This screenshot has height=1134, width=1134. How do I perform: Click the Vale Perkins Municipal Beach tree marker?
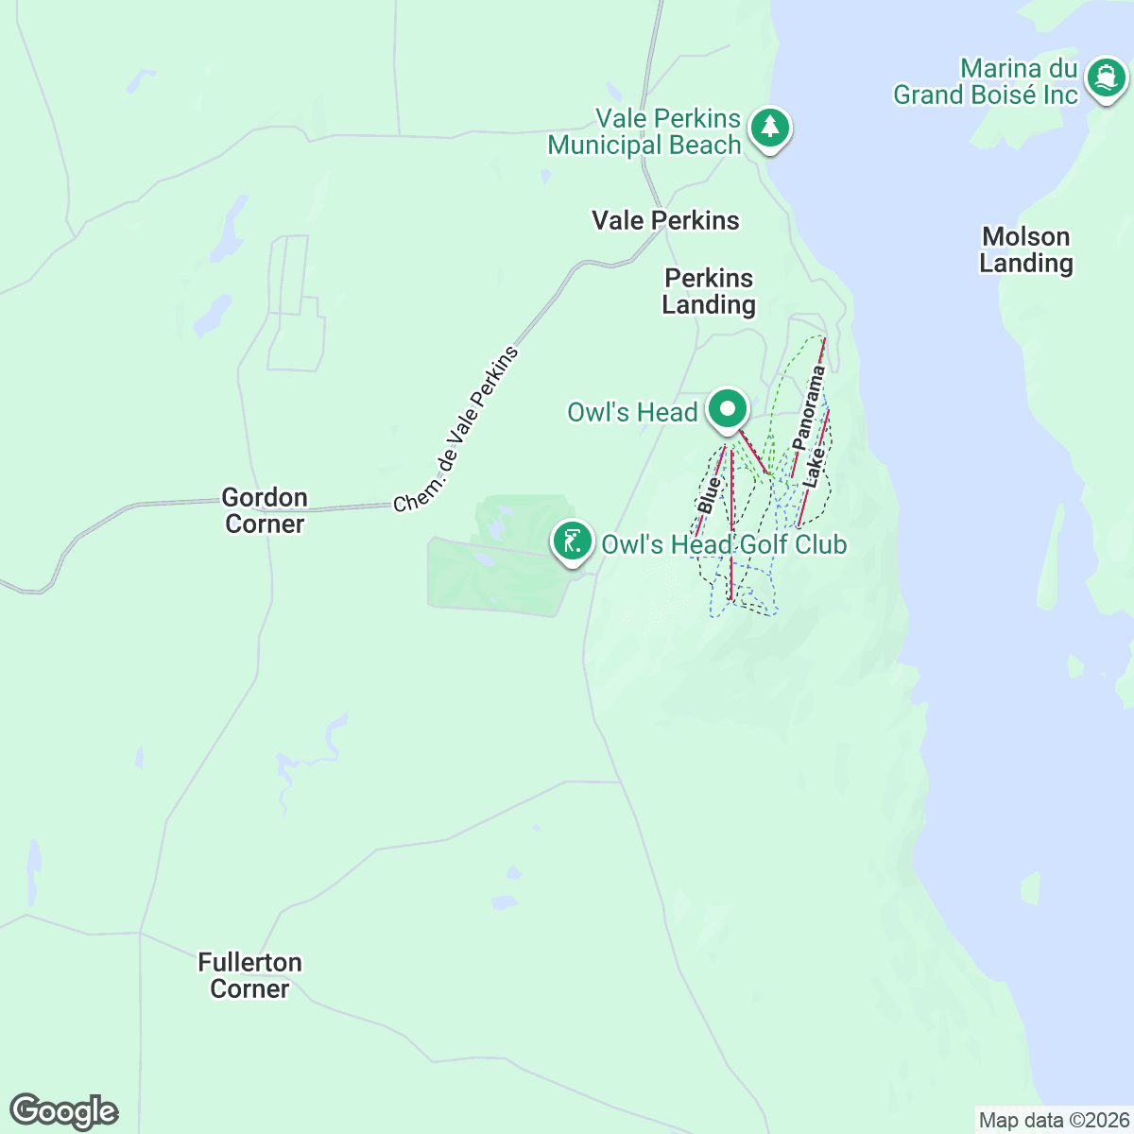[x=770, y=128]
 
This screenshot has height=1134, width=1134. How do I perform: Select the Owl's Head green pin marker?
[x=728, y=411]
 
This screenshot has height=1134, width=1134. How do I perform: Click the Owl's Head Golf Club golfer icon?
[x=572, y=541]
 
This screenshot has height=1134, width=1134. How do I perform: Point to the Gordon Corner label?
[x=265, y=510]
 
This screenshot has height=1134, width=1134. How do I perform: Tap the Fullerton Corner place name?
[x=250, y=975]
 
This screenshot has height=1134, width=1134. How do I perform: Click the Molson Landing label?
[x=1026, y=249]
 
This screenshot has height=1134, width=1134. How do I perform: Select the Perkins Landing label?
[x=709, y=291]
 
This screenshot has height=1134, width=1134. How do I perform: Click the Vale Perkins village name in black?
[x=665, y=220]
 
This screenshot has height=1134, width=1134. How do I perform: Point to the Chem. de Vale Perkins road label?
[x=457, y=430]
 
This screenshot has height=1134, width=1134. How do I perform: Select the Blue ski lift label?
[x=709, y=495]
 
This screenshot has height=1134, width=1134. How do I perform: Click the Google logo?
[x=63, y=1111]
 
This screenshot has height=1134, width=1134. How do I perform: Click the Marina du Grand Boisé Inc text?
[x=986, y=82]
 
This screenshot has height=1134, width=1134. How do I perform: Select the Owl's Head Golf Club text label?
[x=724, y=544]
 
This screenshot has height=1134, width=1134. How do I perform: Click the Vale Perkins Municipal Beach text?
[x=644, y=131]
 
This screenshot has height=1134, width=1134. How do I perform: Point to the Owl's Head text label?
[x=632, y=412]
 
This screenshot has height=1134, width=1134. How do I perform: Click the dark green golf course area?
[x=491, y=576]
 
